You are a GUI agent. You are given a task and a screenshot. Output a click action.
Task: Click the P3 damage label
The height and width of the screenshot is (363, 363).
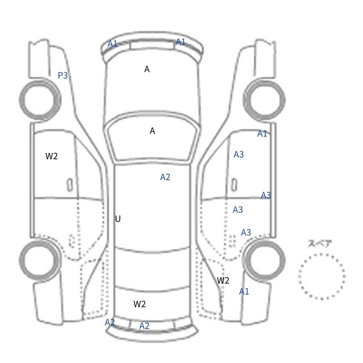pos(63,75)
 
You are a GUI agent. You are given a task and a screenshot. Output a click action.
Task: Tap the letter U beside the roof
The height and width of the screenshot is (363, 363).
pos(118,219)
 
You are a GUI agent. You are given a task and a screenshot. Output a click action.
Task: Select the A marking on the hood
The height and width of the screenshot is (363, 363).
pos(147,69)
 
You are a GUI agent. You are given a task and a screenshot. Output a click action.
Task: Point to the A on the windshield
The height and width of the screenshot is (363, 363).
pos(152,131)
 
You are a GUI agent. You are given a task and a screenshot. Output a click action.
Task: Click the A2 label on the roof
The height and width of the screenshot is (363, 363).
pos(165,177)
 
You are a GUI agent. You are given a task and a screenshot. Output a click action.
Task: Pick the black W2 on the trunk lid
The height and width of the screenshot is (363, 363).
pos(139,304)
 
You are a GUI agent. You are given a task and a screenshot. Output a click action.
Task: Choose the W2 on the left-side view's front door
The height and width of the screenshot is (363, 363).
pos(51,156)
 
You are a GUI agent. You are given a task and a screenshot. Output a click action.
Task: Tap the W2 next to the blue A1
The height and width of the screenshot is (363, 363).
pos(223,280)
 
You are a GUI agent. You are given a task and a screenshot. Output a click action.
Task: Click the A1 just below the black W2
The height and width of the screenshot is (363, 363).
pos(244,291)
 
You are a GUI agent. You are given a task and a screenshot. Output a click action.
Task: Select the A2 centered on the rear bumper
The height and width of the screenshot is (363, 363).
pos(144,326)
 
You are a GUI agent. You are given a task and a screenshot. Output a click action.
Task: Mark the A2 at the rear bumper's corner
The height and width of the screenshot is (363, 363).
pos(110,322)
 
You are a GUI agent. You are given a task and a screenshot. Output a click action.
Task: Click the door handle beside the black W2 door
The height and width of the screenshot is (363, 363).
pos(70,185)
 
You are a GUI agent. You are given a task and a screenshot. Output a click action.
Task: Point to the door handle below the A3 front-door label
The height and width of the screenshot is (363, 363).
pos(234,185)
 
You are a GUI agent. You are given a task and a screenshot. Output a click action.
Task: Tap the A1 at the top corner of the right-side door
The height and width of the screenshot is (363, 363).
pos(262,133)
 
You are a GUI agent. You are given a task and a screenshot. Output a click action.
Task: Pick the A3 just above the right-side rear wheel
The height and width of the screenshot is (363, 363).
pos(246,232)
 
